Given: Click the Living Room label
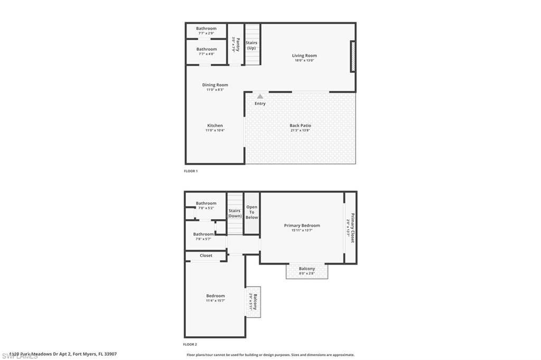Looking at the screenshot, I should (305, 55).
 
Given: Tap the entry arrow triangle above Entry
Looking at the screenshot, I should (260, 97).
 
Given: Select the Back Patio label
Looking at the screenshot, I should (300, 126).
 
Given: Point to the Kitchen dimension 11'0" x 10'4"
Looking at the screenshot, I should (215, 130).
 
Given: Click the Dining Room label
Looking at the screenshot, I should (215, 85).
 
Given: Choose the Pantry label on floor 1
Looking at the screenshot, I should (238, 44).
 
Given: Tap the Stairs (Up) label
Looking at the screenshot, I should (251, 45).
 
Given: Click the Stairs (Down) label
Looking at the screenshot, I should (235, 213).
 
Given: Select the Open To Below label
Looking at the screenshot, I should (252, 212).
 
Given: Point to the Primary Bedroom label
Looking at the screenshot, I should (302, 225).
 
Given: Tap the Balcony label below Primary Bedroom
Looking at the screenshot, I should (307, 269).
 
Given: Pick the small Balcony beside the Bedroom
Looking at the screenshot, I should (254, 302).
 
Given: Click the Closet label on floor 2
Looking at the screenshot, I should (206, 255).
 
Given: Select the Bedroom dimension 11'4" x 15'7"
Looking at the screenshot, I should (216, 301).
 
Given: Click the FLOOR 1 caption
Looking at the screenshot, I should (191, 172).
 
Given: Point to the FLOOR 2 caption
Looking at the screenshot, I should (190, 344).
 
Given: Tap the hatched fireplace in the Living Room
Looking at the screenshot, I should (353, 56).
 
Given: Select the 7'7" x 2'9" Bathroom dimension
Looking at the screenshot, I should (207, 33).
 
